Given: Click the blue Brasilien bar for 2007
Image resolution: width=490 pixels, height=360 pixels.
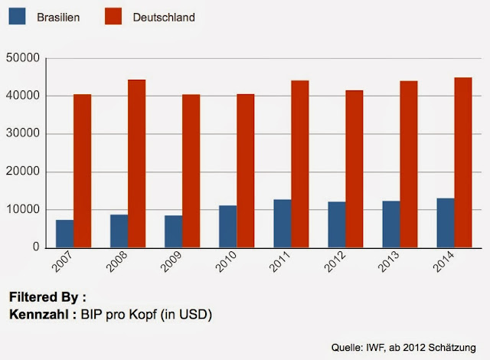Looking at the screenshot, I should click(65, 234).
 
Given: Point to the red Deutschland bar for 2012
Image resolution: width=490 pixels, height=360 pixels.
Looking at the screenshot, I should click(354, 169).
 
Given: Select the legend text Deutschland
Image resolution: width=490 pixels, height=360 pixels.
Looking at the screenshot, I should click(164, 16).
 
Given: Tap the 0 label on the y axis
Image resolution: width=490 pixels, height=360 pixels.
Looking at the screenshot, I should click(34, 247).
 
